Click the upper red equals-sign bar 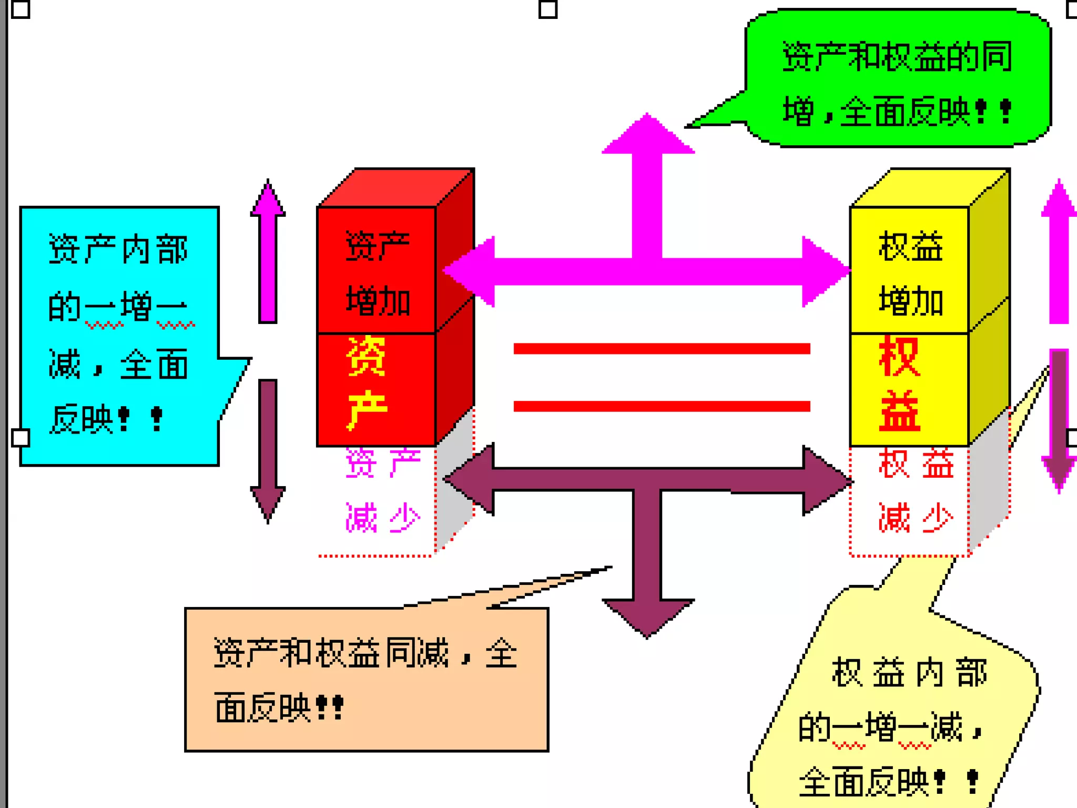click(x=662, y=348)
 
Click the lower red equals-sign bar click(x=662, y=406)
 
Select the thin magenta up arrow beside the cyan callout click(x=268, y=252)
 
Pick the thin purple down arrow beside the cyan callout click(x=268, y=447)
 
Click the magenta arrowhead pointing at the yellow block click(x=826, y=271)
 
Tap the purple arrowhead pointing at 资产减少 click(x=468, y=479)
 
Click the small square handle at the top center click(x=548, y=9)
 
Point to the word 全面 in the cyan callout click(x=154, y=365)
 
